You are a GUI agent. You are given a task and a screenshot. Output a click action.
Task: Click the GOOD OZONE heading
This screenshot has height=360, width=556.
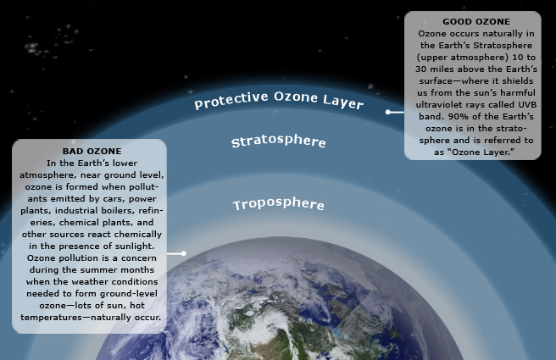coord(476,22)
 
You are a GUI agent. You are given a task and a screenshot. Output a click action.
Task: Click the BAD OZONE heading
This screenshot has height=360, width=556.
coord(92,152)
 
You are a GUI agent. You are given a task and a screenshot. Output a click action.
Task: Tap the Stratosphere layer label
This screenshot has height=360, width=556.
coord(278,141)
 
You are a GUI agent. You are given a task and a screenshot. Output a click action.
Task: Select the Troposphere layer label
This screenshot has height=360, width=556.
coord(278,204)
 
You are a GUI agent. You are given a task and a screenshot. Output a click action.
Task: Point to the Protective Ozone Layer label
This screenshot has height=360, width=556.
coord(279,100)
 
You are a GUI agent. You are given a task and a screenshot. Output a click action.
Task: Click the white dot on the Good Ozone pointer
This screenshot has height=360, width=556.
coord(388,112)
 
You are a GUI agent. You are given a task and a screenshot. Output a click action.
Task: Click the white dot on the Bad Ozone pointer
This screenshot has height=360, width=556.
coord(183,253)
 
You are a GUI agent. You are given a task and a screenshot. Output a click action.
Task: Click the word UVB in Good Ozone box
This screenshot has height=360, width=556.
coord(527,105)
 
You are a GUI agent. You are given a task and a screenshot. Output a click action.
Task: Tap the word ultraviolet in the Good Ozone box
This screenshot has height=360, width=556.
coord(436,105)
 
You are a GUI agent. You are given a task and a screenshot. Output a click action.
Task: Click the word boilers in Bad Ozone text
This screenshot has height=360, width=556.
coord(118,210)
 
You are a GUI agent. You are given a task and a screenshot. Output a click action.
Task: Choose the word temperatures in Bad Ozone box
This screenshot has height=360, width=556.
coord(51,318)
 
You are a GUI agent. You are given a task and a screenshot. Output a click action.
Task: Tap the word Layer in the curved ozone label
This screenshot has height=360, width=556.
coord(343,102)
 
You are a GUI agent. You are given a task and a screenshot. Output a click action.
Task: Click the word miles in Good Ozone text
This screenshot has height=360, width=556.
coord(440,69)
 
